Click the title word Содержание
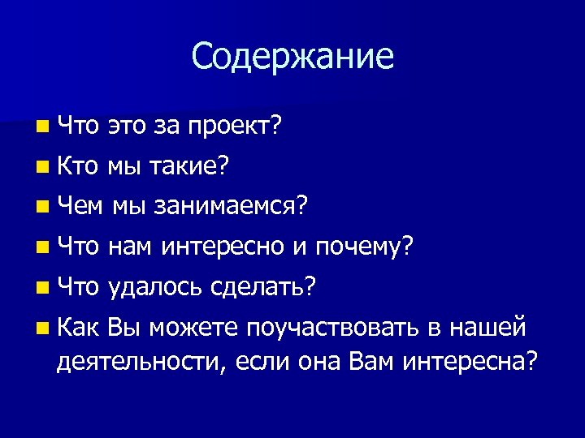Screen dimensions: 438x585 tap(292, 57)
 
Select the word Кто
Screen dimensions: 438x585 tap(80, 167)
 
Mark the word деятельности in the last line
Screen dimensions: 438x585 tap(139, 361)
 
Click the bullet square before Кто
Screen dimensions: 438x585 tap(42, 168)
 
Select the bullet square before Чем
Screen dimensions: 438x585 tap(42, 208)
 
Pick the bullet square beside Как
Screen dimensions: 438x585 tap(42, 327)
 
